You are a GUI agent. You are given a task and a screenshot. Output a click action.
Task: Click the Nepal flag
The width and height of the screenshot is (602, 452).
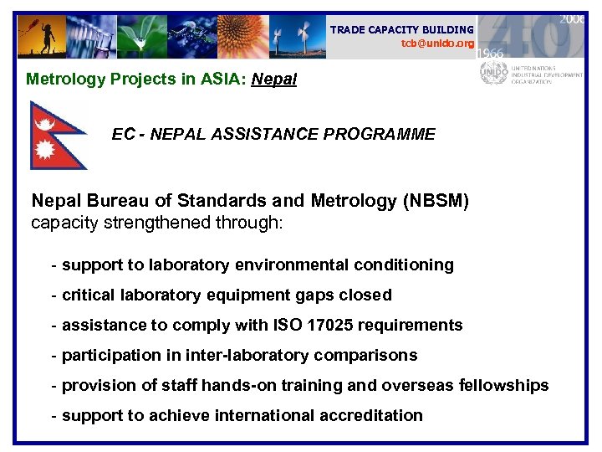click(55, 134)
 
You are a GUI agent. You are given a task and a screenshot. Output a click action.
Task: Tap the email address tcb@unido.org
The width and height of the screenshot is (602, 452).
click(437, 43)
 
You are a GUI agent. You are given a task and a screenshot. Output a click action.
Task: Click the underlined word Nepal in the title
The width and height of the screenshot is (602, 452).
click(273, 80)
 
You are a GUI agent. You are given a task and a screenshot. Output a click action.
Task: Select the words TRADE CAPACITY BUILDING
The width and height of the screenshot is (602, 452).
click(401, 29)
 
